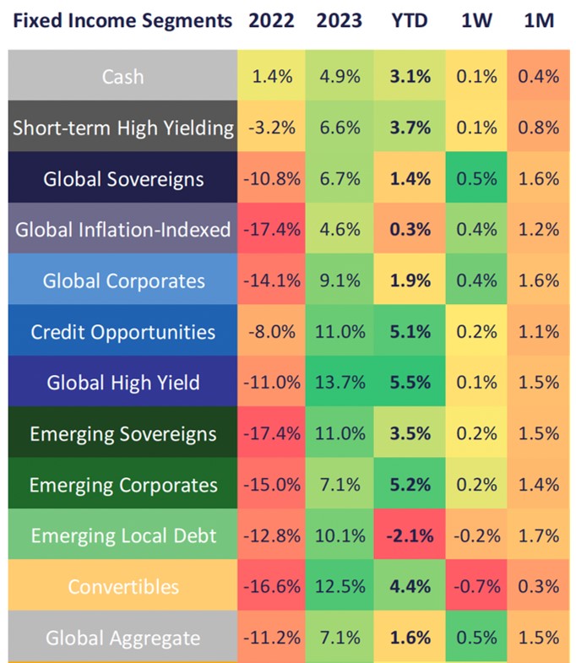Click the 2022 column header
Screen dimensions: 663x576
coord(271,20)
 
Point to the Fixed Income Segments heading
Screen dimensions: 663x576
coord(117,20)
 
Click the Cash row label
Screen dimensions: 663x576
coord(122,77)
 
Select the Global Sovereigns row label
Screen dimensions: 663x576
coord(122,179)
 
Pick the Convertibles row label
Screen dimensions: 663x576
coord(122,586)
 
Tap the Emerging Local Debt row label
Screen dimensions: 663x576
coord(122,535)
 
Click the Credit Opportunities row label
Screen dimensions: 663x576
coord(122,332)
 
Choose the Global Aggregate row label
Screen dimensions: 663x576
coord(122,638)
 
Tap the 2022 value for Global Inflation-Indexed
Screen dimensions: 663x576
coord(271,230)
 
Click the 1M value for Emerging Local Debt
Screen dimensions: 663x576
coord(539,535)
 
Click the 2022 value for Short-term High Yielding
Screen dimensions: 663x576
coord(271,128)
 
